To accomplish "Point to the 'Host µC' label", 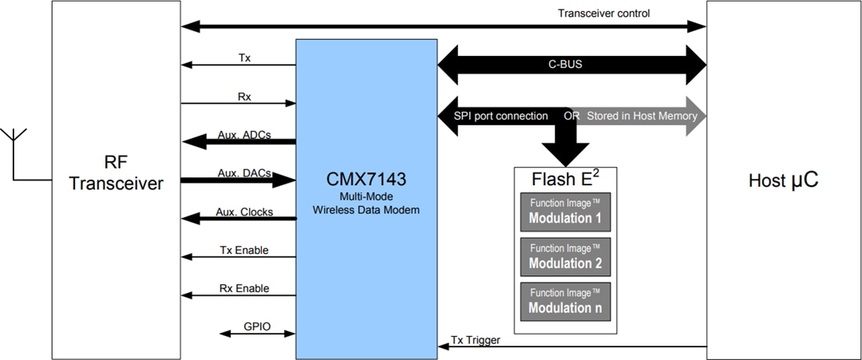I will click(x=783, y=180).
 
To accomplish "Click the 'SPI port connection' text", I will click(x=501, y=116).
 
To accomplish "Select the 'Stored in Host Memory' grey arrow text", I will click(x=642, y=116).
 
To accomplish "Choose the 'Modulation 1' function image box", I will click(x=565, y=212).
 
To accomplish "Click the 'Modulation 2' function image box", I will click(x=565, y=256).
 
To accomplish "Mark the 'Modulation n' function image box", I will click(x=565, y=301).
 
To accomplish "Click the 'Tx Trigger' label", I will click(x=476, y=340).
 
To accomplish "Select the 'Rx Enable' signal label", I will click(x=243, y=288).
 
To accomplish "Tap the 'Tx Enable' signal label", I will click(x=243, y=250).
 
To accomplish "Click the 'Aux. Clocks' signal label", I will click(x=244, y=212).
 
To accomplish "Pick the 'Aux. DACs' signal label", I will click(x=243, y=173).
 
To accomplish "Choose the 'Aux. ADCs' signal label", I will click(x=243, y=135).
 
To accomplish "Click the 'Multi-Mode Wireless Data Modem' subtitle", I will click(x=366, y=203).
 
